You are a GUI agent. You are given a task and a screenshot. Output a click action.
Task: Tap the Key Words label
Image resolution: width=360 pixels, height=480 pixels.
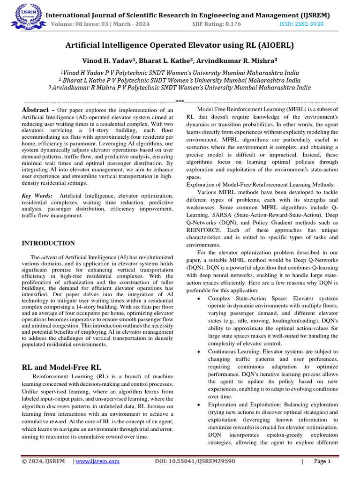pyautogui.click(x=37, y=195)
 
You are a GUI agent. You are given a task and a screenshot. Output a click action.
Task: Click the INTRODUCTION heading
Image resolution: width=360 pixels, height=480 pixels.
pyautogui.click(x=48, y=243)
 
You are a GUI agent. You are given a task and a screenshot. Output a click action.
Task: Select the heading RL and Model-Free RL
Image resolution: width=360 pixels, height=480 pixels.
pyautogui.click(x=61, y=367)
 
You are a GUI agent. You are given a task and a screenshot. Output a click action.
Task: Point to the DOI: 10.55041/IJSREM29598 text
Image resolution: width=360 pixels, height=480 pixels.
pyautogui.click(x=195, y=461)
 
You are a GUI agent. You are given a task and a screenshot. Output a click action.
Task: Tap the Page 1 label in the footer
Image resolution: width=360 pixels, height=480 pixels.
pyautogui.click(x=322, y=461)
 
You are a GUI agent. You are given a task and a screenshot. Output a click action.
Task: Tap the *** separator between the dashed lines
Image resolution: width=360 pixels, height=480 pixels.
pyautogui.click(x=180, y=101)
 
